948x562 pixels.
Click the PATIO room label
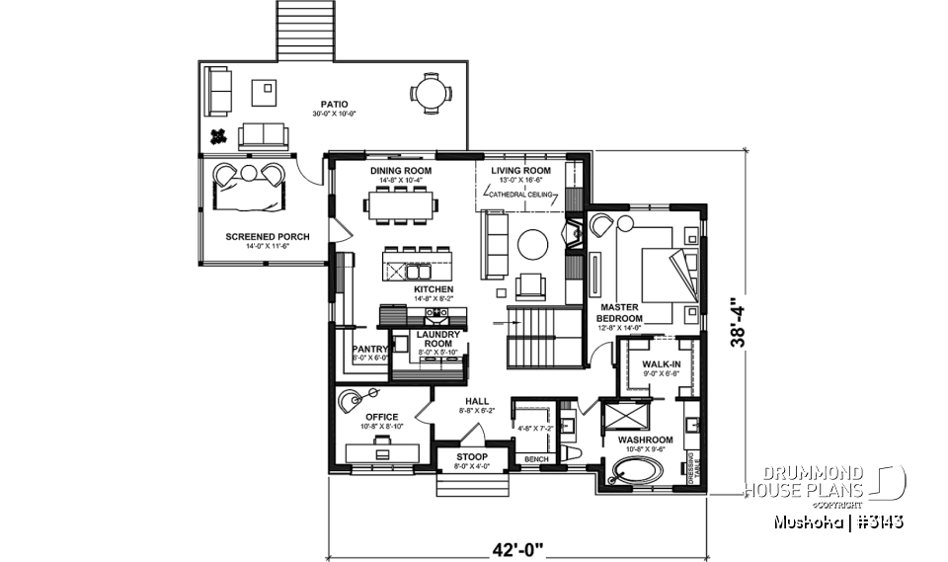[334, 105]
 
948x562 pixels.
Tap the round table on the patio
[430, 95]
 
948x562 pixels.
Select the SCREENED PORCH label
[267, 237]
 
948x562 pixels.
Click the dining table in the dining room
[402, 206]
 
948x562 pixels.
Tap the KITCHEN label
[406, 289]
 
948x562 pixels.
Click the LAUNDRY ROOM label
[427, 340]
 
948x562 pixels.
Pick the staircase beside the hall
[541, 336]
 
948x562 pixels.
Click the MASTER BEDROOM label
[620, 313]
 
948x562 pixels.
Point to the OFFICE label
[381, 417]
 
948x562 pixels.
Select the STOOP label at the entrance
[471, 457]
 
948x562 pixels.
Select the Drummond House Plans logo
[826, 482]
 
